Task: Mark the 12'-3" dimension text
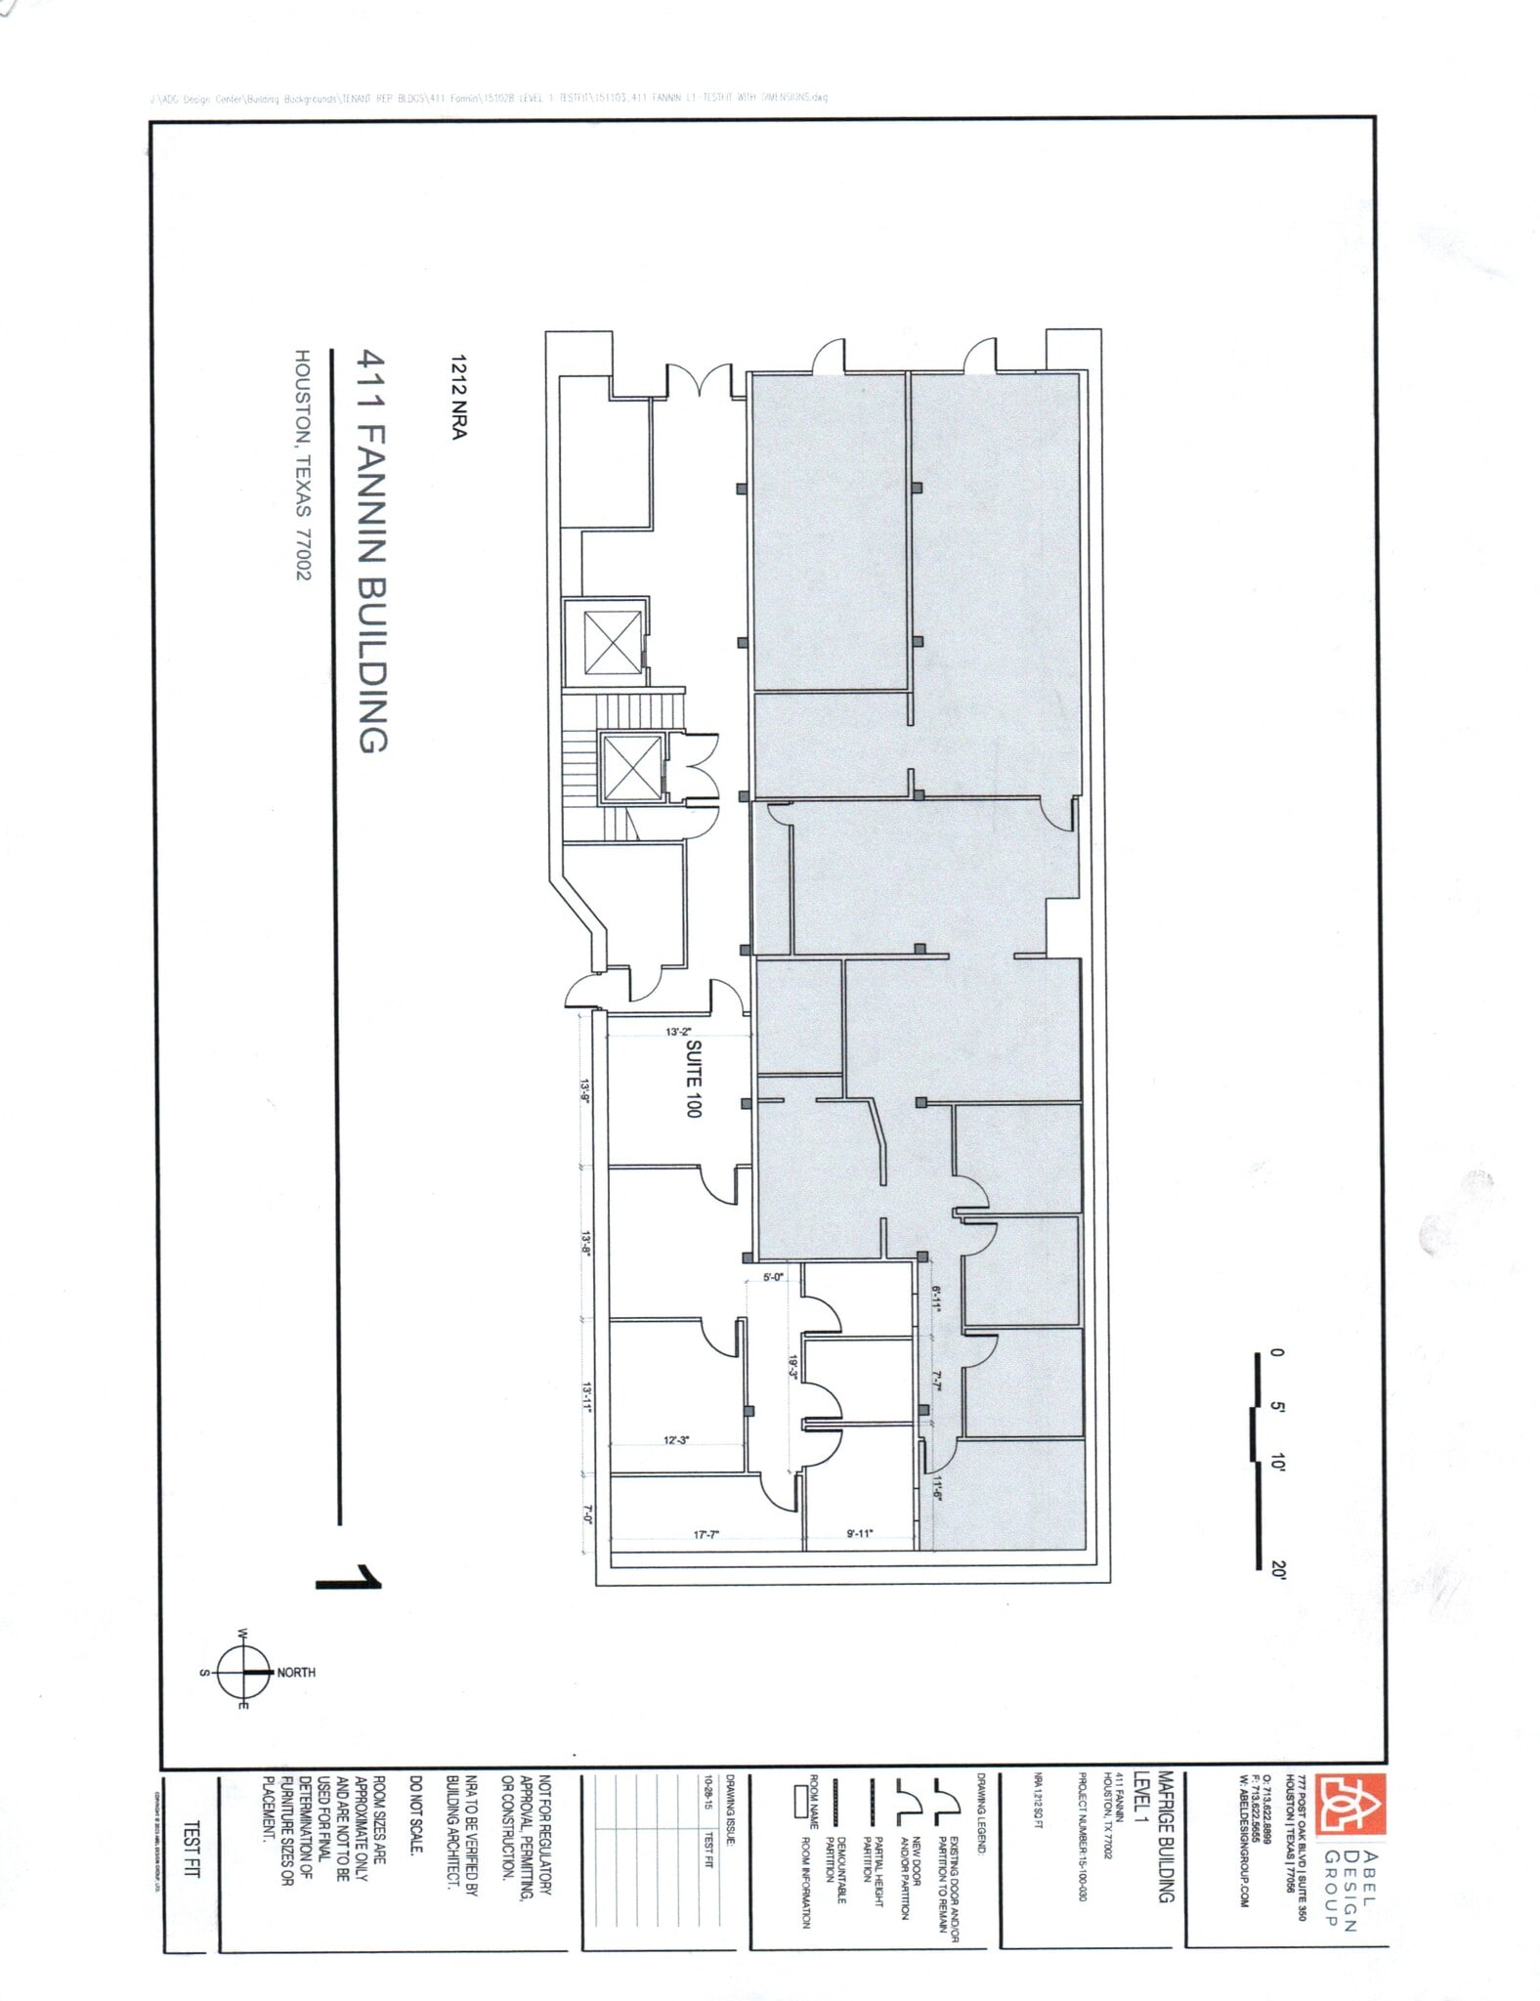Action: click(x=676, y=1440)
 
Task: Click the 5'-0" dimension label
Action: click(x=773, y=1277)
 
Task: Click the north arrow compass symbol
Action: click(x=242, y=1672)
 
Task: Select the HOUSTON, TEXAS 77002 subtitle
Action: click(x=303, y=466)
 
